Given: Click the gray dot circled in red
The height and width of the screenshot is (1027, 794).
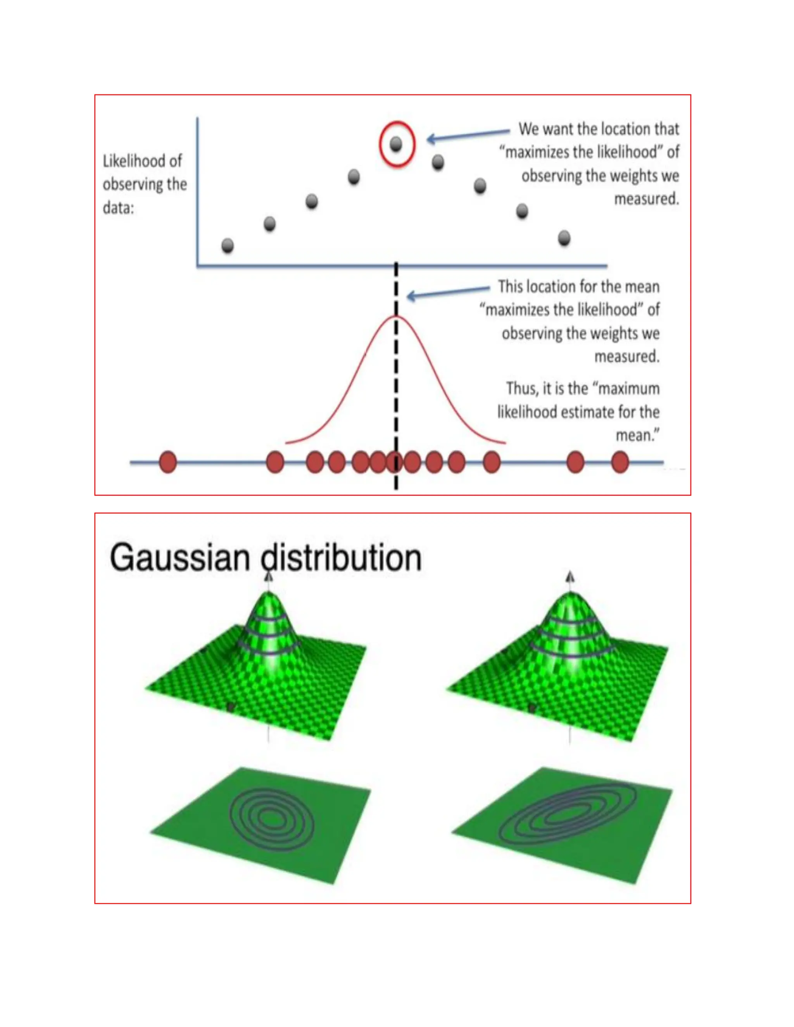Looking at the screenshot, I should pos(396,144).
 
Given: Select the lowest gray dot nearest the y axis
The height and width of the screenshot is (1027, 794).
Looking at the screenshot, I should pos(228,245).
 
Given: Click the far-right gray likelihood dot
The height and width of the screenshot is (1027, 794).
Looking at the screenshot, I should pos(564,238).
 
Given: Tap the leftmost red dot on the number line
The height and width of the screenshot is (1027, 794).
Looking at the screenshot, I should pos(168,462).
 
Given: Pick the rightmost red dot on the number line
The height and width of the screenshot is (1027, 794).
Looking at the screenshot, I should pos(620,462).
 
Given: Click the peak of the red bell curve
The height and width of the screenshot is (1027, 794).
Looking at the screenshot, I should pos(396,317).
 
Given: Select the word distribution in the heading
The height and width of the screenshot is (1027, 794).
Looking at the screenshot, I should pos(342,558).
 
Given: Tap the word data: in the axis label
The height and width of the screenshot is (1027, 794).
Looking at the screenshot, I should pos(119,208).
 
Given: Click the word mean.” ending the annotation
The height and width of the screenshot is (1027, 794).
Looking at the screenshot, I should pos(637,436).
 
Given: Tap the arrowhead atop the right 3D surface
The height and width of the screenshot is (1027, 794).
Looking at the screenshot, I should pos(570,577).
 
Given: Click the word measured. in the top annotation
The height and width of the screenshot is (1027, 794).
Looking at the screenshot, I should pos(647,199).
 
